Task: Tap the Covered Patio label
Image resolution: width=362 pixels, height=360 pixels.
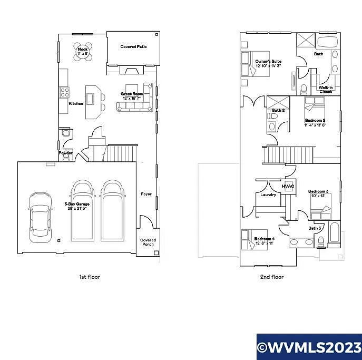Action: click(x=133, y=47)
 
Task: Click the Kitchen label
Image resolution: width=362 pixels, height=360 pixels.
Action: click(x=76, y=103)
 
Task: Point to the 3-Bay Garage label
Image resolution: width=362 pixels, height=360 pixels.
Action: click(x=75, y=206)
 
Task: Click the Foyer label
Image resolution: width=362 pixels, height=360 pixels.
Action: click(x=146, y=194)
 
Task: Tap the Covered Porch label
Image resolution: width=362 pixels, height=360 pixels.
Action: click(x=148, y=242)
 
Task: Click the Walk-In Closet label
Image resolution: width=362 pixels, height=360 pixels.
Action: click(x=326, y=90)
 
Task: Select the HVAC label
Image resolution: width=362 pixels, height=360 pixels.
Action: click(x=288, y=186)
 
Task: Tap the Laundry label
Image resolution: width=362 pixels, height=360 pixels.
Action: click(x=268, y=195)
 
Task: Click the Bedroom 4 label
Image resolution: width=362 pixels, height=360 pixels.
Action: click(x=264, y=241)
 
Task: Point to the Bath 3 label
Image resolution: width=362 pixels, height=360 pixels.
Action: click(x=315, y=228)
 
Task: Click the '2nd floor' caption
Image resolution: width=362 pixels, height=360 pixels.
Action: click(x=272, y=277)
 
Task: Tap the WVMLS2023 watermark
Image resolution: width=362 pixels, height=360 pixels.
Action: click(x=309, y=347)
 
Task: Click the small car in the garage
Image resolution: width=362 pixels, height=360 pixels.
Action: click(x=40, y=217)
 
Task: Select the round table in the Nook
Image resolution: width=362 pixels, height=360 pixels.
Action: click(x=83, y=51)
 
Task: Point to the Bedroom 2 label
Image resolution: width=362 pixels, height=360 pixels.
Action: click(x=315, y=122)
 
